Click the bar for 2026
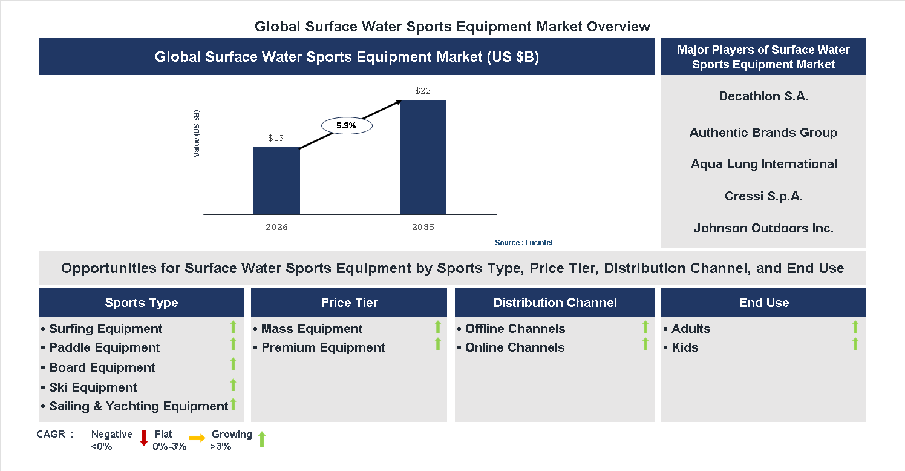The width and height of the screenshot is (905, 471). tap(276, 180)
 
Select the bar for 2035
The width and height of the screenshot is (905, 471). tap(423, 157)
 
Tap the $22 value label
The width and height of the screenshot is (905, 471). tap(423, 91)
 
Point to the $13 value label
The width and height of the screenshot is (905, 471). tap(276, 138)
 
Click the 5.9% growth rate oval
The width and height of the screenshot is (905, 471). tap(346, 126)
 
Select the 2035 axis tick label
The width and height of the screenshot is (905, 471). tap(423, 228)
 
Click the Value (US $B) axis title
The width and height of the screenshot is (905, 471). tap(196, 133)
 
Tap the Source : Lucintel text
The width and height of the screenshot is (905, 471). tap(523, 243)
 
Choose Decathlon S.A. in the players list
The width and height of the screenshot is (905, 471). tap(763, 96)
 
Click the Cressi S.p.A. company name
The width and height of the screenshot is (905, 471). tap(763, 196)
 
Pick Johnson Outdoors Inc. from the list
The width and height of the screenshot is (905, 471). tap(763, 228)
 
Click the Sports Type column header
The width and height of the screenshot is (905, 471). tap(142, 303)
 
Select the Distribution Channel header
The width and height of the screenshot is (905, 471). tap(555, 303)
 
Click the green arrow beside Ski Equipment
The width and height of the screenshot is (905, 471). tap(233, 385)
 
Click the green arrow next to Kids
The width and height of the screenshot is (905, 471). tap(855, 344)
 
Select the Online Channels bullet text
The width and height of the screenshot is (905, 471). tap(515, 347)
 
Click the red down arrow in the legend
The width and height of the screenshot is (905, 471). tap(144, 438)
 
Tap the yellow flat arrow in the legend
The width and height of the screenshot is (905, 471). tap(197, 438)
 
